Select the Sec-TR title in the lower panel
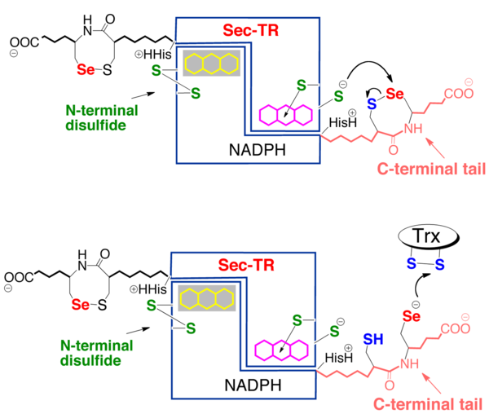[x=244, y=265]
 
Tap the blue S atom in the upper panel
[x=370, y=104]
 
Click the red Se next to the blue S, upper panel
[x=394, y=95]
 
